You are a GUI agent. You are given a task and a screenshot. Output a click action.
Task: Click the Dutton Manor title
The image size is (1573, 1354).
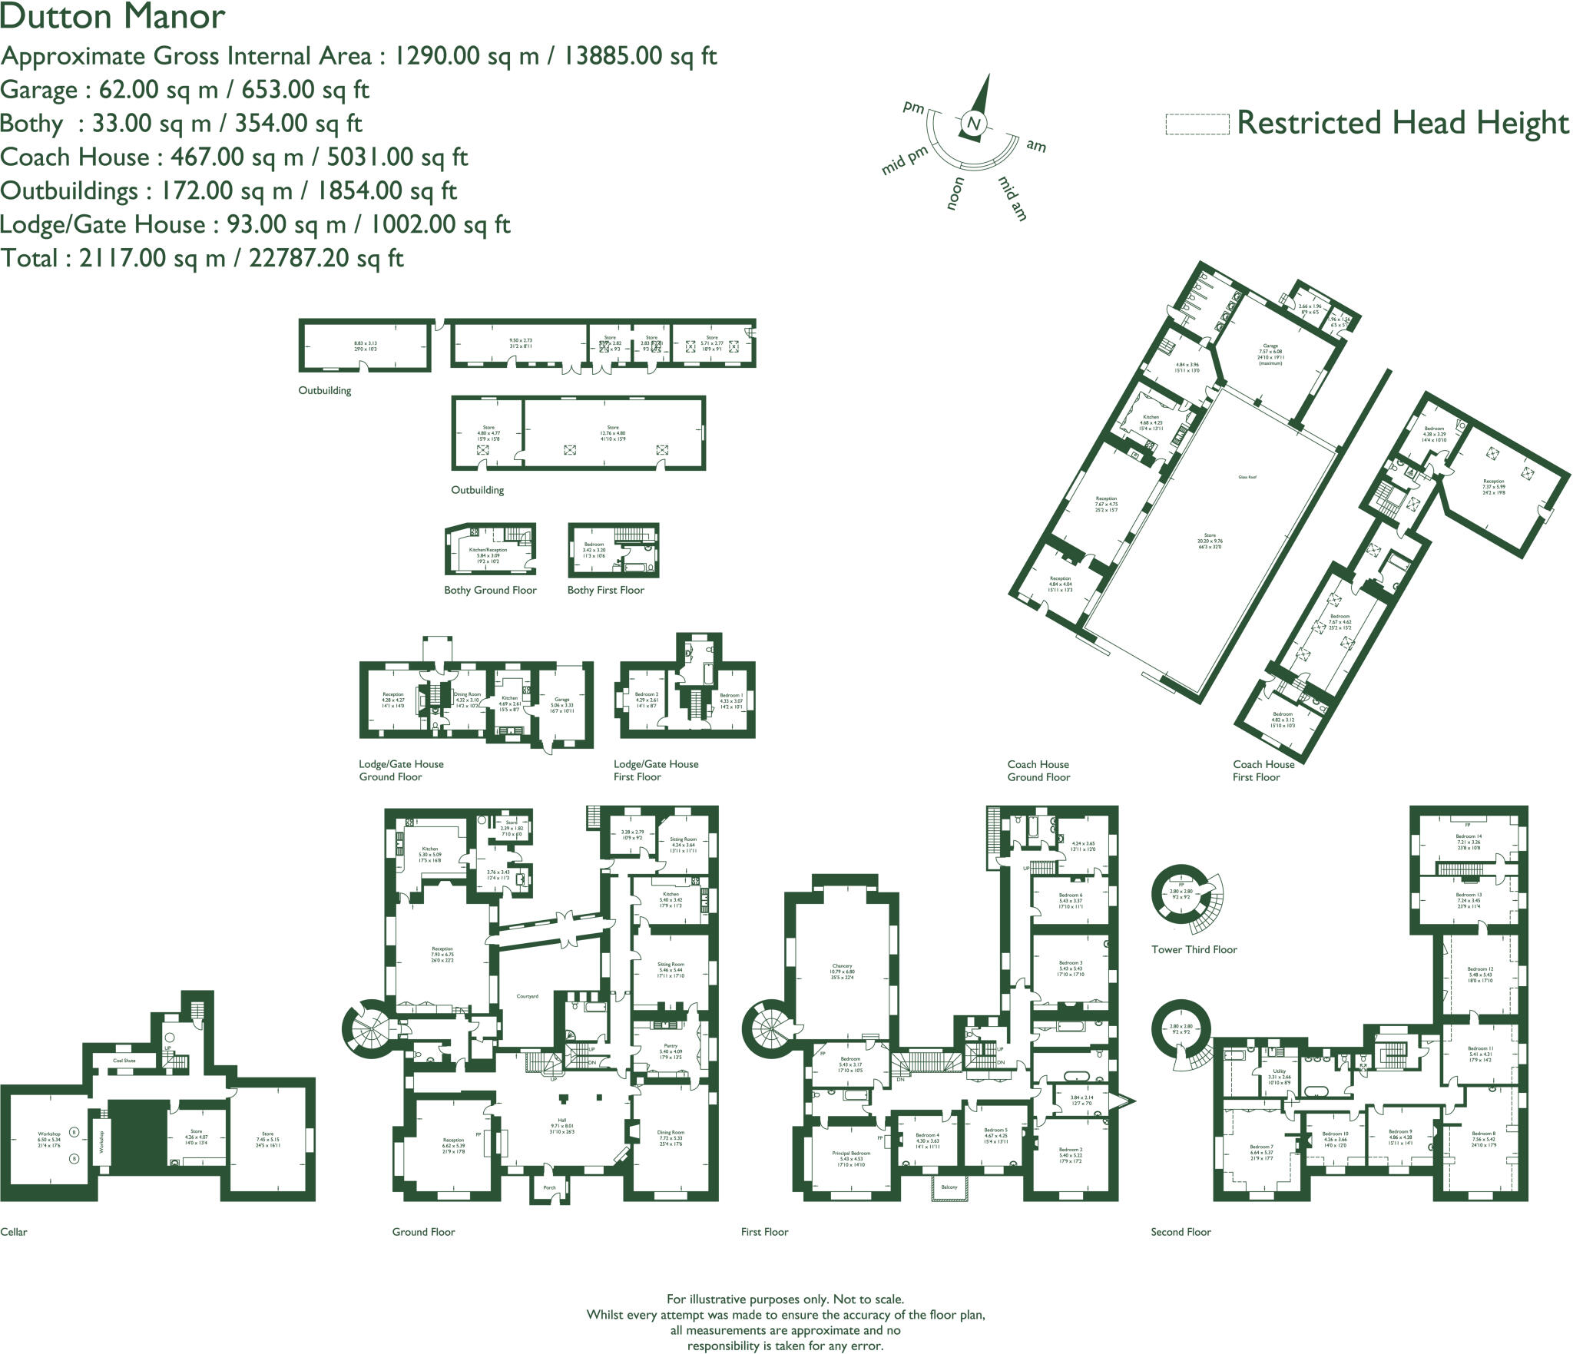[113, 16]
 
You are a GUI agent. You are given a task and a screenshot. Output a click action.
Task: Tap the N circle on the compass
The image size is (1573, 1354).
[974, 124]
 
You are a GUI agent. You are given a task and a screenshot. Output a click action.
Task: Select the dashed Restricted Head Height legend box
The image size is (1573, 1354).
[1197, 124]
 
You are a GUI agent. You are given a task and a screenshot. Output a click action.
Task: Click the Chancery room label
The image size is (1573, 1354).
[842, 966]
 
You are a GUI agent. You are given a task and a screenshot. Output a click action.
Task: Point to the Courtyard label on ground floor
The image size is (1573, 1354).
[527, 996]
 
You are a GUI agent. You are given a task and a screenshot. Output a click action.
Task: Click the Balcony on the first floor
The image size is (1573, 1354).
[949, 1187]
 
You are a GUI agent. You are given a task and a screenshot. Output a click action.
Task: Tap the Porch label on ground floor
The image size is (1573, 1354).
[549, 1187]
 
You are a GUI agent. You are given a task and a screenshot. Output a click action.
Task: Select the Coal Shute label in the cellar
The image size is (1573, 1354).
[124, 1061]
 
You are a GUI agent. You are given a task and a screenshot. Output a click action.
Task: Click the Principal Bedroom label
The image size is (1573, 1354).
[851, 1153]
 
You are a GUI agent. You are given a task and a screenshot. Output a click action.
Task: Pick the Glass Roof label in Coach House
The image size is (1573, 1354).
[1247, 477]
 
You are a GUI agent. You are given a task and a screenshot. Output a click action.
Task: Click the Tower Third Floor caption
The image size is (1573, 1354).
[1194, 950]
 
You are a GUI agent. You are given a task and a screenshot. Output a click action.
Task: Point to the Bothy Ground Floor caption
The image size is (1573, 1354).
[490, 590]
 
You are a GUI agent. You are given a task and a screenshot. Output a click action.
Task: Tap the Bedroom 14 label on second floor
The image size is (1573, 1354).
[1469, 836]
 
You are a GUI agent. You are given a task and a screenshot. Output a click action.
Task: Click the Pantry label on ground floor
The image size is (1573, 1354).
[671, 1045]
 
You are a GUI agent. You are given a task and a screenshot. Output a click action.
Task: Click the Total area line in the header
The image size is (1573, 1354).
[202, 258]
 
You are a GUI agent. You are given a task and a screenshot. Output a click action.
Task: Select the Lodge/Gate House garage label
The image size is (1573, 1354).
[562, 700]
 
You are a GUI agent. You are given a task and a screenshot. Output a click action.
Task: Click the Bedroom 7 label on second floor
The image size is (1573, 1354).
[1261, 1147]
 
